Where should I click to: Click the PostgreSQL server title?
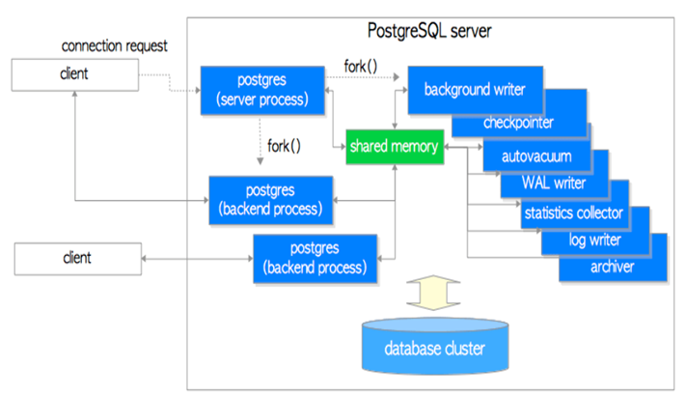[x=430, y=31]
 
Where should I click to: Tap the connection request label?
[x=114, y=46]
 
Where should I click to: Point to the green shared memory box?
[x=394, y=146]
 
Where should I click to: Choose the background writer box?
[x=474, y=89]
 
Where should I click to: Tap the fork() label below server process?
[x=282, y=147]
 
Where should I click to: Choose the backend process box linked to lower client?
[x=315, y=258]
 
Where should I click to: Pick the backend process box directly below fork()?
[x=272, y=200]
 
